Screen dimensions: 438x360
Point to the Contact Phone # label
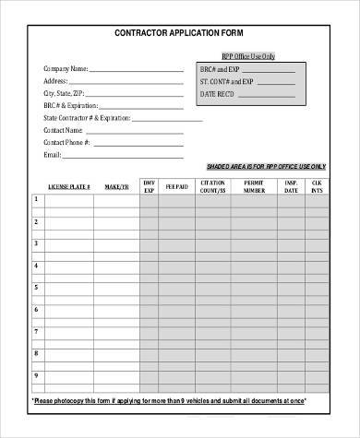pos(66,142)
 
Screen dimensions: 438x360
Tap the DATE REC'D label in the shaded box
pos(220,95)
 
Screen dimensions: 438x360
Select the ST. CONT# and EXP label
pos(227,82)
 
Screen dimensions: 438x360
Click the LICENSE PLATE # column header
pos(68,186)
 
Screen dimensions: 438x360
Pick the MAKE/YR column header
pos(117,186)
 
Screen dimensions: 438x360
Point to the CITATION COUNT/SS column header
pos(213,186)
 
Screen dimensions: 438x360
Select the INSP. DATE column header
pos(292,186)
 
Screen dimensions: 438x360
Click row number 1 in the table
pos(37,199)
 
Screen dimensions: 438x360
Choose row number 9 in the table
pos(37,376)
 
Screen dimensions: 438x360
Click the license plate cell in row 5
pos(69,288)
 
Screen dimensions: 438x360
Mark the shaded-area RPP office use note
pos(266,166)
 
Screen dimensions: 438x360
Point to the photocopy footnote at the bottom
pos(179,402)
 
